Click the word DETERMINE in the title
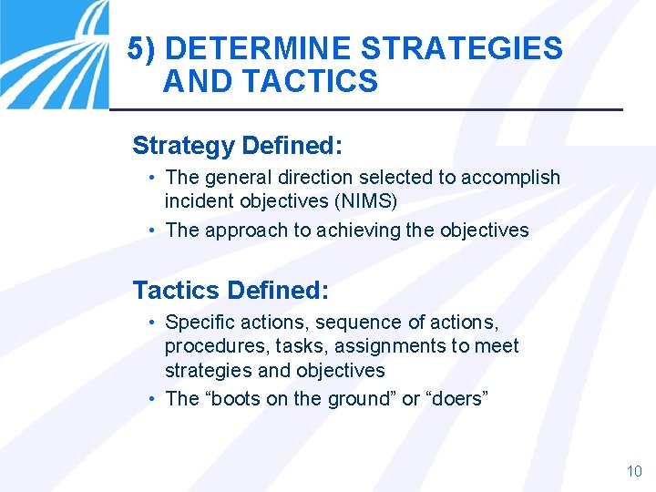(258, 48)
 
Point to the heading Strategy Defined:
(238, 145)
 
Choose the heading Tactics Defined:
(231, 291)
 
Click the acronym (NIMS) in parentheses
(366, 200)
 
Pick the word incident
(197, 200)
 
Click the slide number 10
(634, 471)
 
